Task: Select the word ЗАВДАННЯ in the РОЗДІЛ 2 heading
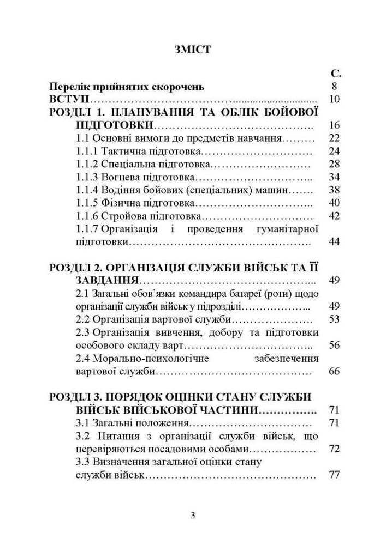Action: point(106,281)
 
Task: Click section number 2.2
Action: point(82,319)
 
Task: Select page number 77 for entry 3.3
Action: point(335,475)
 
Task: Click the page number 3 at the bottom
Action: point(193,516)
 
